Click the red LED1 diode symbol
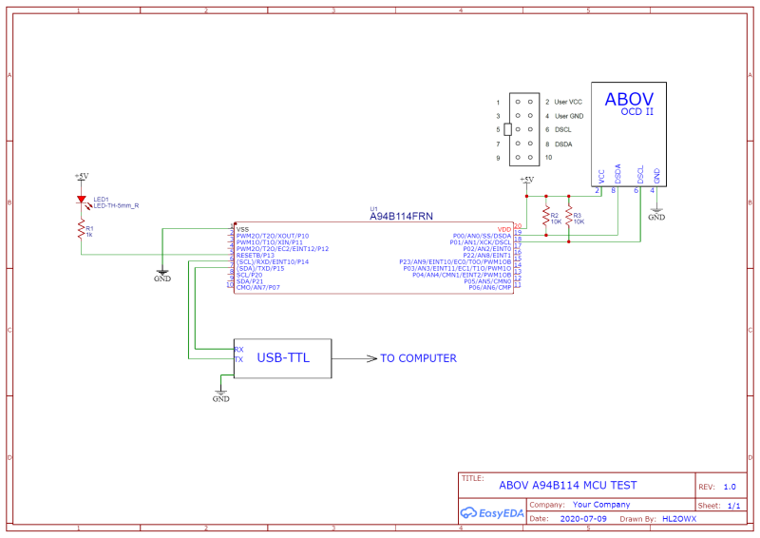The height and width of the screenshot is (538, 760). [x=83, y=201]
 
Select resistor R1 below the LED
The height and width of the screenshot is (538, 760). [x=83, y=230]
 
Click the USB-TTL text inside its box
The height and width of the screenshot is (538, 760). [x=282, y=358]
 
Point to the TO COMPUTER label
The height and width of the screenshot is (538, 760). [x=418, y=358]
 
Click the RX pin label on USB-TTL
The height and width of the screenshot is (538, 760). [x=238, y=349]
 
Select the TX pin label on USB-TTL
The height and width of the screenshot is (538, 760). [x=238, y=359]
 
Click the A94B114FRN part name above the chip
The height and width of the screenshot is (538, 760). [x=400, y=217]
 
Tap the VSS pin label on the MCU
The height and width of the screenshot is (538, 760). [x=242, y=229]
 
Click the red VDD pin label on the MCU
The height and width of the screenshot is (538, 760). [x=503, y=229]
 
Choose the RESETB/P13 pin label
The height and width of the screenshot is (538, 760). [x=255, y=255]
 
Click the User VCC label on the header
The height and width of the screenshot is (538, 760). [x=568, y=101]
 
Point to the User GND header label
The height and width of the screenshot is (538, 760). [x=568, y=115]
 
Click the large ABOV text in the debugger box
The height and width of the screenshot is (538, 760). [x=629, y=98]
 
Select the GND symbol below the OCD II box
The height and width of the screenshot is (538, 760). [x=655, y=212]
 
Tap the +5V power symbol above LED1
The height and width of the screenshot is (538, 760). [x=82, y=177]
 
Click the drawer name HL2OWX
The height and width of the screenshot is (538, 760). [x=678, y=520]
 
